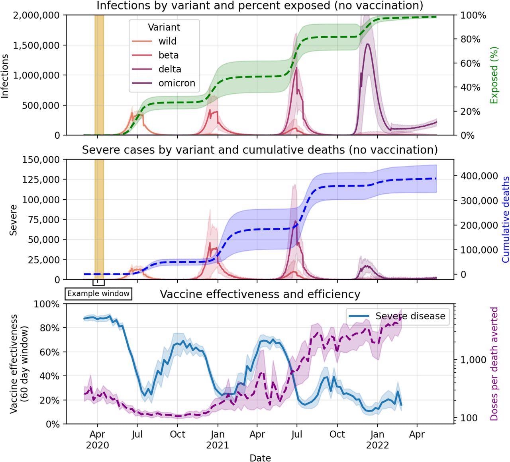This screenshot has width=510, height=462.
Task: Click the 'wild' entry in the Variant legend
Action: click(x=167, y=41)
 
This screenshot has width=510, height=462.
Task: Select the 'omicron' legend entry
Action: click(x=177, y=83)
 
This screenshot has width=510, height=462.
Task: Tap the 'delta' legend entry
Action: click(x=170, y=69)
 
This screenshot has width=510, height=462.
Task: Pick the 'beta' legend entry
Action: click(x=168, y=55)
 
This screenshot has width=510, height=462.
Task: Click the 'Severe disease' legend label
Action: click(x=410, y=316)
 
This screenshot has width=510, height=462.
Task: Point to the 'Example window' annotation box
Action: click(x=98, y=294)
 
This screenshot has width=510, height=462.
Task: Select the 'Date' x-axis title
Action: click(x=260, y=458)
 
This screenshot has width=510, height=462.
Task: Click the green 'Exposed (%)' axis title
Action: click(x=494, y=75)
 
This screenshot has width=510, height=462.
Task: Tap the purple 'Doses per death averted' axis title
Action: click(x=494, y=364)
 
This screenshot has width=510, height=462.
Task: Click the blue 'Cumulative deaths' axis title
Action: click(x=505, y=220)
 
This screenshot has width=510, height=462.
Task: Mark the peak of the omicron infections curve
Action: click(x=367, y=44)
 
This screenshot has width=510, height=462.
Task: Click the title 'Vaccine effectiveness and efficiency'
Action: click(x=260, y=294)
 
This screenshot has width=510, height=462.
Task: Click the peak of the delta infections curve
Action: click(x=296, y=68)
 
